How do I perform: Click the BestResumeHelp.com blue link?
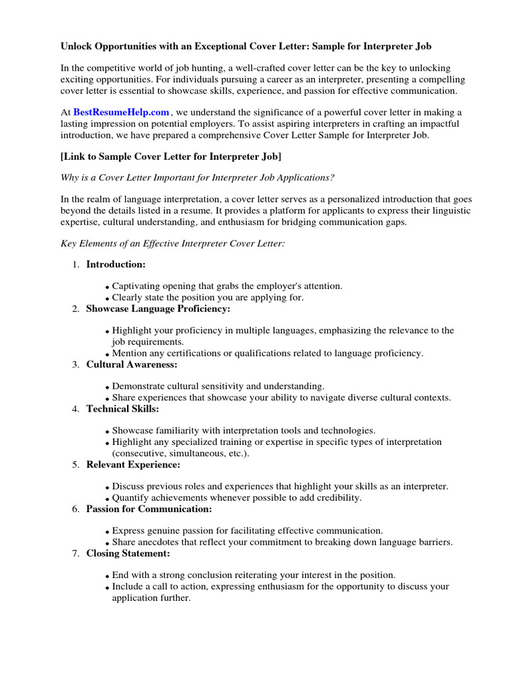click(121, 113)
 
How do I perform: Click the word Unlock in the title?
click(77, 47)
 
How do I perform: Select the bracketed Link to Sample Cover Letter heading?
click(171, 157)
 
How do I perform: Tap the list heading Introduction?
click(116, 264)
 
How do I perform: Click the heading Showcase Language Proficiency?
click(158, 309)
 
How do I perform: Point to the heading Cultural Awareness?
click(132, 364)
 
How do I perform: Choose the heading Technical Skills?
click(122, 409)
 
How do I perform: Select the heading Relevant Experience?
click(133, 464)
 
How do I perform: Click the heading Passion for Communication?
click(149, 509)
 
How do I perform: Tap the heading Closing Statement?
click(128, 553)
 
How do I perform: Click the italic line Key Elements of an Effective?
click(172, 244)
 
